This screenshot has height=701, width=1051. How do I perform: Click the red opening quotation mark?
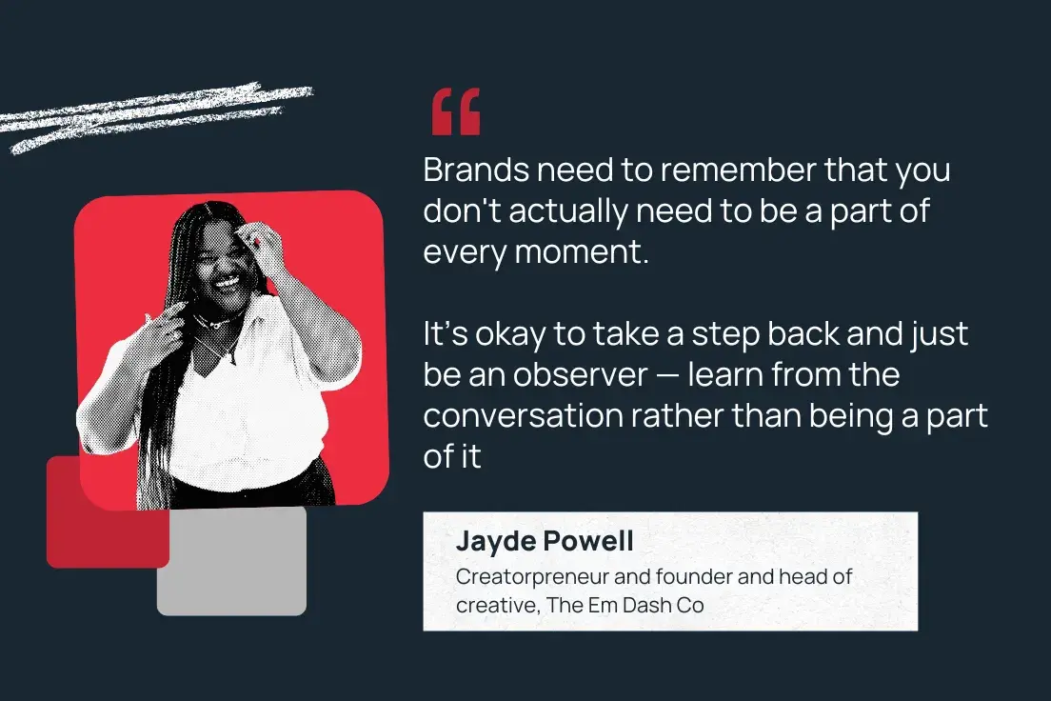[x=456, y=112]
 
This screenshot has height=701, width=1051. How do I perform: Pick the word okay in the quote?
[x=505, y=335]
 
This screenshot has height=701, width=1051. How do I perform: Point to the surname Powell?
[x=591, y=542]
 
